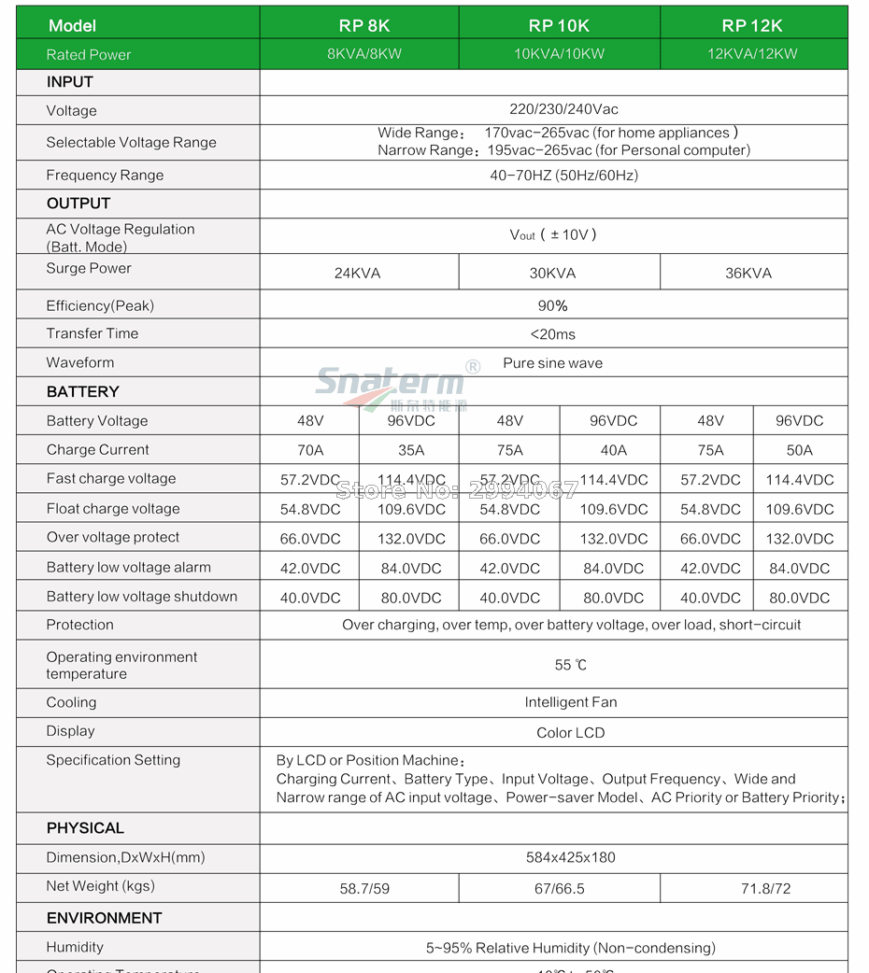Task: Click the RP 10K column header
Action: point(559,25)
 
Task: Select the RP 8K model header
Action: point(363,25)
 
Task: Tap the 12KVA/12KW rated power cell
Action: point(752,54)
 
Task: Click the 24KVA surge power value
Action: point(358,274)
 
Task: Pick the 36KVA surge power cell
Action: point(748,274)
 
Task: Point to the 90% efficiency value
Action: point(553,306)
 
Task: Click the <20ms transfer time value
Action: point(553,334)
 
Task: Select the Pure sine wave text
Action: point(553,363)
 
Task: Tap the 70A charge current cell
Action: point(310,450)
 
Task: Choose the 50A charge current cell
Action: point(800,450)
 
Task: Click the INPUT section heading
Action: point(70,82)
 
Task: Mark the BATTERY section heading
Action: point(83,392)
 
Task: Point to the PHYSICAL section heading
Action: point(85,828)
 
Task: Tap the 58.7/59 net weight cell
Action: point(364,889)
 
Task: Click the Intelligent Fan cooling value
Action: point(571,702)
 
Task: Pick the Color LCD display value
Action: point(571,733)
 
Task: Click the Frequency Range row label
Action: point(105,176)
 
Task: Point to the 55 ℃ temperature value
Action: point(571,666)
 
